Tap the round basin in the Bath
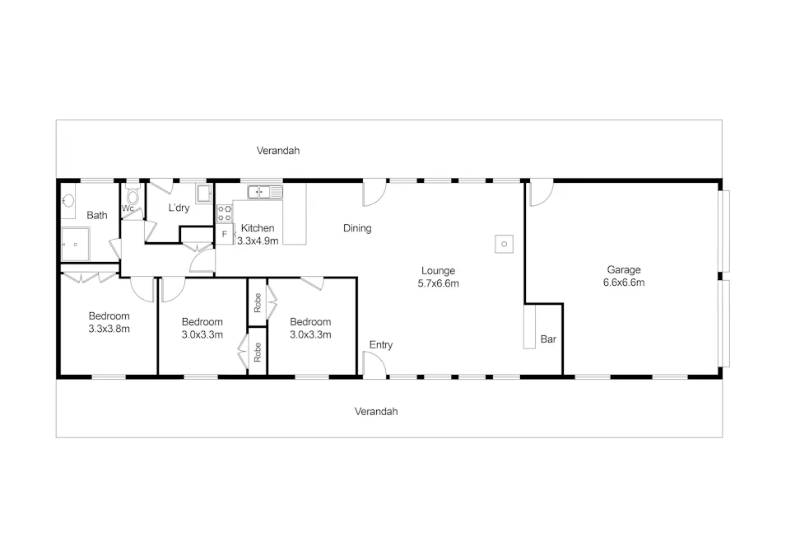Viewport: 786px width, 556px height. [68, 200]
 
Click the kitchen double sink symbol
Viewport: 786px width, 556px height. [265, 192]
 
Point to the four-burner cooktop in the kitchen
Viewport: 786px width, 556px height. [224, 213]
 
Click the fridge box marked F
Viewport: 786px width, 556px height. [224, 235]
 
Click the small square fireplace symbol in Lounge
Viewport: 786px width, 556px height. [504, 244]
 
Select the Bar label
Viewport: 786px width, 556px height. [547, 339]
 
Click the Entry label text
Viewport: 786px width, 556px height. [380, 344]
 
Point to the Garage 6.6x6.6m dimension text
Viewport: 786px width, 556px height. [623, 283]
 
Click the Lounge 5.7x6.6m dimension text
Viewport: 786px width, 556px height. [438, 283]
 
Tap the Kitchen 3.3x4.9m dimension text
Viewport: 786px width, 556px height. [258, 241]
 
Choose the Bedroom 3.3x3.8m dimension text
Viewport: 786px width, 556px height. [109, 329]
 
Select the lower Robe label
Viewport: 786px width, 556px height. [258, 352]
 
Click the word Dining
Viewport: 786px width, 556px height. [357, 228]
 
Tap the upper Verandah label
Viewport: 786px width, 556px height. [277, 151]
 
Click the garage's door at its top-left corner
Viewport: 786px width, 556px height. [540, 193]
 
